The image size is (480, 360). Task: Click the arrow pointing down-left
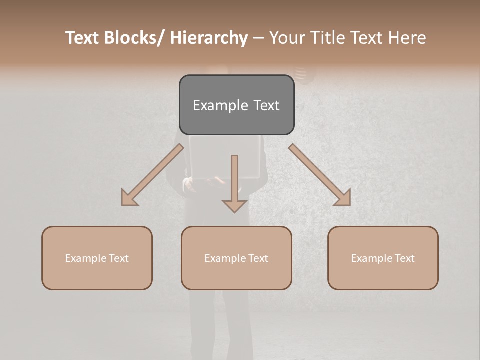click(x=152, y=175)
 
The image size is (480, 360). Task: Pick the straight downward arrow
click(x=234, y=183)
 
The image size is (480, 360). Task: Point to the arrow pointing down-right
click(x=320, y=175)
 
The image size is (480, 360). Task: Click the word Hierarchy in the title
click(x=209, y=38)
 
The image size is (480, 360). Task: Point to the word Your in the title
click(x=286, y=38)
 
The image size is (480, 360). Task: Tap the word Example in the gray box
click(x=220, y=105)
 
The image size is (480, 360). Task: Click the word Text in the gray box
click(x=266, y=105)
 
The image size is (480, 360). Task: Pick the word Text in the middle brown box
click(x=258, y=258)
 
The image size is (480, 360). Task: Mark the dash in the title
click(x=258, y=38)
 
